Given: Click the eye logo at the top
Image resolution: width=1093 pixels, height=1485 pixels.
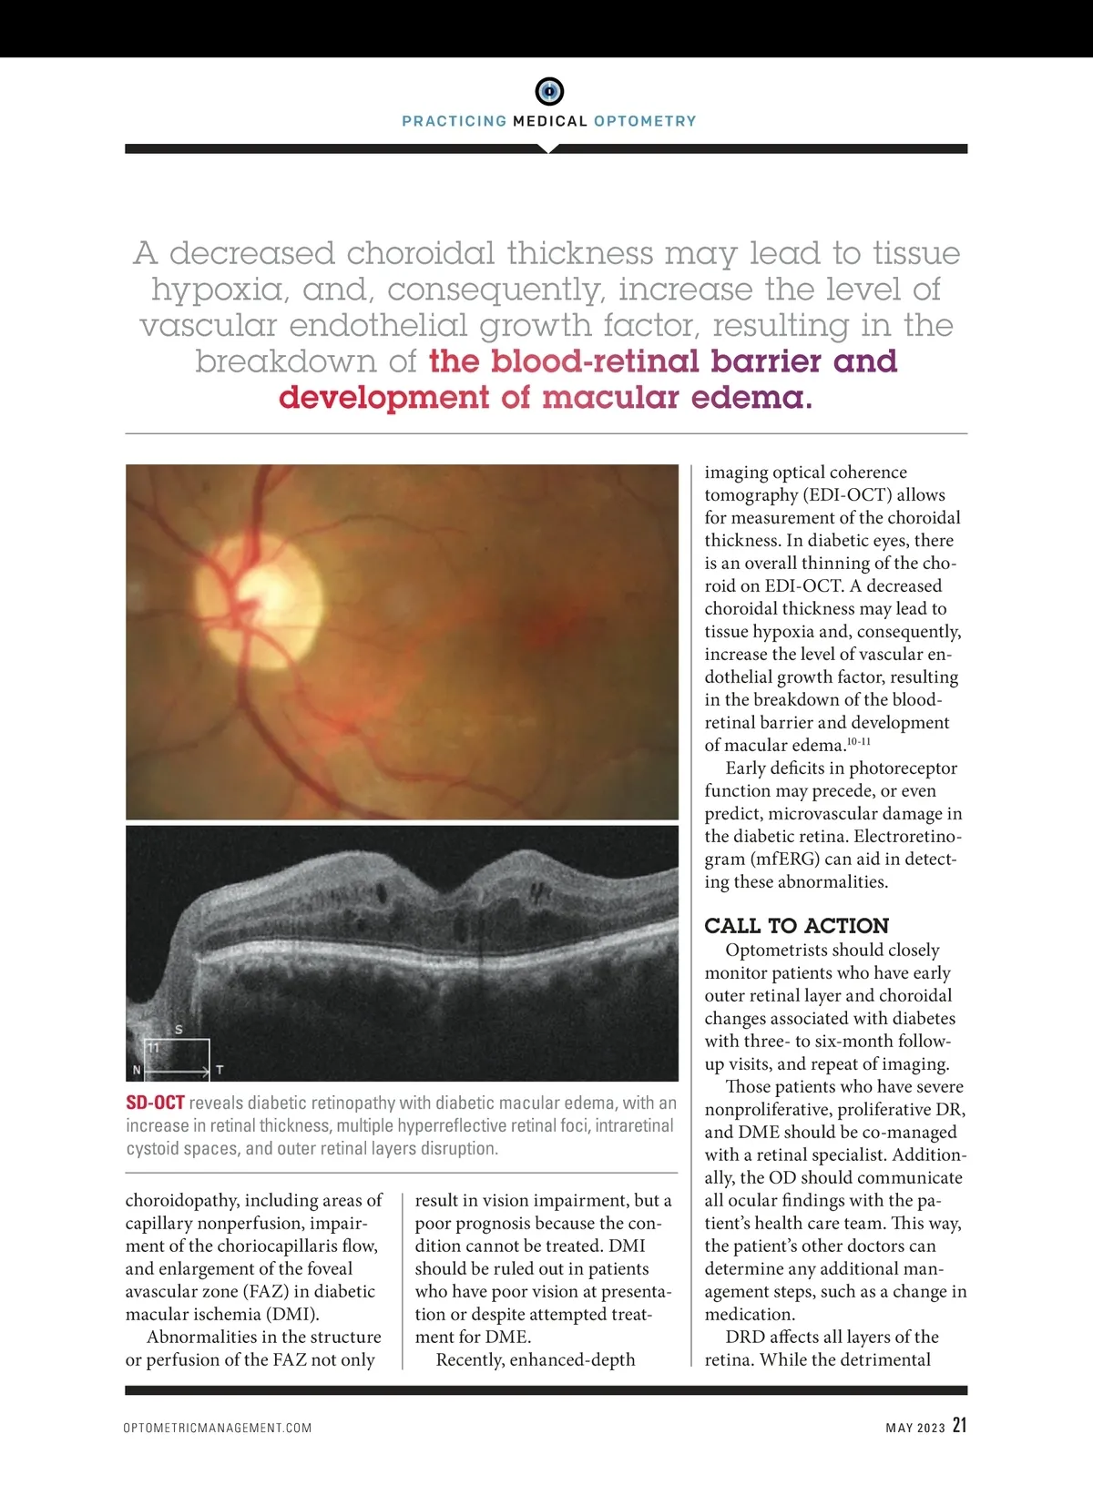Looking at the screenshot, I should [548, 91].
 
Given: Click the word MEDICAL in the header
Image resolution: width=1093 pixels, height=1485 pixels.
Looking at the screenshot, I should [550, 121].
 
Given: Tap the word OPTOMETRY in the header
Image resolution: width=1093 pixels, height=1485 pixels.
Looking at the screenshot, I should [645, 121].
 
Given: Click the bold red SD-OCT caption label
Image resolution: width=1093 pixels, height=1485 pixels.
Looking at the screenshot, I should [155, 1103].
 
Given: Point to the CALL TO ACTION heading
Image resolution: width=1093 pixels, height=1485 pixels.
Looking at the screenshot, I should [796, 926].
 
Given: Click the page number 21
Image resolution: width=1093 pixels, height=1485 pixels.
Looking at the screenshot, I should [959, 1426].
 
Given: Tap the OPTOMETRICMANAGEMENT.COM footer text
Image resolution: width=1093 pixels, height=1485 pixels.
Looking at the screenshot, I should [218, 1428].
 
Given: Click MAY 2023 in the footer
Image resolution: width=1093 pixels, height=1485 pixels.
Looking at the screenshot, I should [915, 1428].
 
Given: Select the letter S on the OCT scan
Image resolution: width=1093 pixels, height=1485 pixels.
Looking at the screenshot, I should [179, 1030].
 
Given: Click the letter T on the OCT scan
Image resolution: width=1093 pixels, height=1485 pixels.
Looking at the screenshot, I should [220, 1070].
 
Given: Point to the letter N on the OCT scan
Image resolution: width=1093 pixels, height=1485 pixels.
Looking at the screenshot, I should [137, 1070].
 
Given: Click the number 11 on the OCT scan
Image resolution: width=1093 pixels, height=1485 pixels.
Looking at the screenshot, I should [153, 1048].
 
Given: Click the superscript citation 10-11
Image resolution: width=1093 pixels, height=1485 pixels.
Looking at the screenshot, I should [859, 742].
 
